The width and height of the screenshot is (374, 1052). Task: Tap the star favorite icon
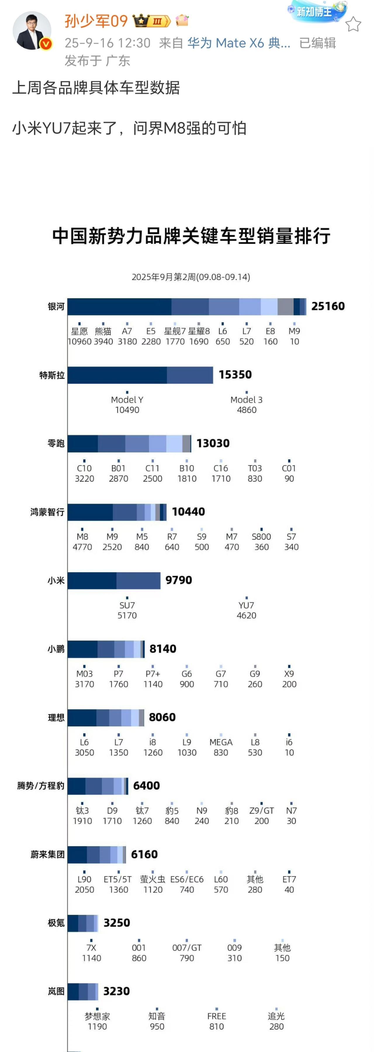click(x=353, y=25)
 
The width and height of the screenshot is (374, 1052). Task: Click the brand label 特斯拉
click(x=52, y=375)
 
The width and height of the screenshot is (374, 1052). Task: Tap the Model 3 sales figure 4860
click(x=247, y=410)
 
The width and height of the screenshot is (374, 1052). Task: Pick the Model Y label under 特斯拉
click(x=127, y=400)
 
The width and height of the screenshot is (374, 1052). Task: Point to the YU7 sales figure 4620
click(x=247, y=615)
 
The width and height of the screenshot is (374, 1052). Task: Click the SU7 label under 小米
click(x=127, y=605)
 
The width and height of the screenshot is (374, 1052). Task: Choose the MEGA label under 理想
click(x=221, y=742)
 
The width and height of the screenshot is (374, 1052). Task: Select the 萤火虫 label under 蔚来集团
click(x=153, y=879)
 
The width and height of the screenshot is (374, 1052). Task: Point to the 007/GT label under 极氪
click(x=187, y=948)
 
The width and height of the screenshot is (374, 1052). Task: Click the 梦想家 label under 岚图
click(x=97, y=1016)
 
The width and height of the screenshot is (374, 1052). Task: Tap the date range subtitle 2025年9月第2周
click(x=191, y=277)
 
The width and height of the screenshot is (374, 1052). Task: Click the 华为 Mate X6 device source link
click(x=239, y=43)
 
